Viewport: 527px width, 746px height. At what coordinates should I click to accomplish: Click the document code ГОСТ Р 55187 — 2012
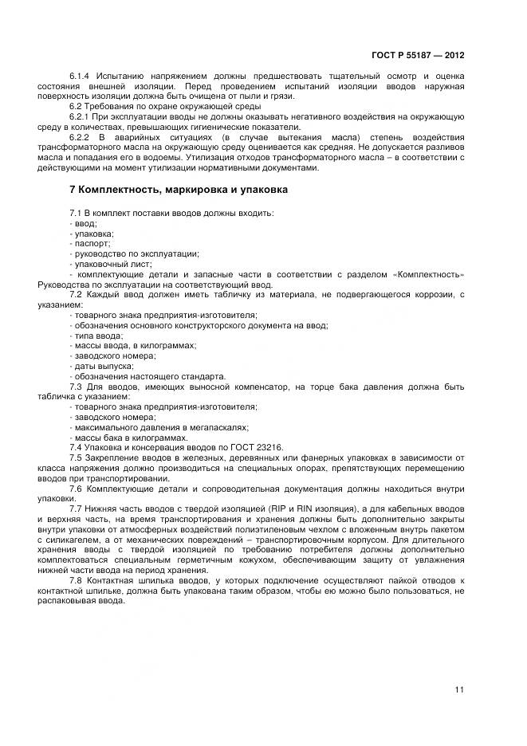click(418, 56)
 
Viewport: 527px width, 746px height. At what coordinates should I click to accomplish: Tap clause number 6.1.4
click(80, 76)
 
